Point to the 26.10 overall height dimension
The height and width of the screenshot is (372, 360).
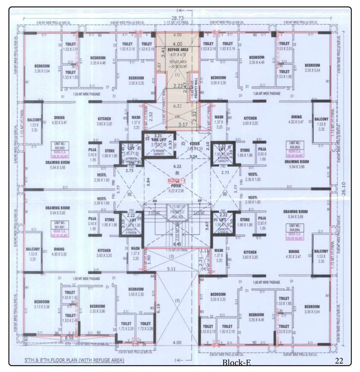tap(344, 192)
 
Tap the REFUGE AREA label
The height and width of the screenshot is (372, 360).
tap(177, 49)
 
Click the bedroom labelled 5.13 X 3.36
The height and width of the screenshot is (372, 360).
tap(42, 303)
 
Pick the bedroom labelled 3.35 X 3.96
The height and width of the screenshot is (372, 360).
tap(97, 309)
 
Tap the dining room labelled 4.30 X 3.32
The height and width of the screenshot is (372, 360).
tap(60, 251)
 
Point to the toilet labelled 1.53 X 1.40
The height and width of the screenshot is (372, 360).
tap(71, 295)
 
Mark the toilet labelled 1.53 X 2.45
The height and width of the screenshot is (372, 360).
tap(71, 318)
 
